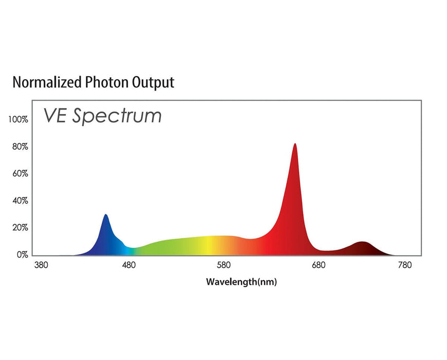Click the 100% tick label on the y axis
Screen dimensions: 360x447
pyautogui.click(x=18, y=120)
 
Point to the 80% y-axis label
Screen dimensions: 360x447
pyautogui.click(x=20, y=147)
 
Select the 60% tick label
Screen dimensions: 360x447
pyautogui.click(x=20, y=174)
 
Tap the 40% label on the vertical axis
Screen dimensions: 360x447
pyautogui.click(x=20, y=201)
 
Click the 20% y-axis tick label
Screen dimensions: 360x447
pyautogui.click(x=20, y=227)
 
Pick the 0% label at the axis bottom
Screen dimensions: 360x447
pyautogui.click(x=22, y=255)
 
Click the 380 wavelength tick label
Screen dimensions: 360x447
pyautogui.click(x=41, y=265)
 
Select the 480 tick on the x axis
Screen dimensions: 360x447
pyautogui.click(x=129, y=265)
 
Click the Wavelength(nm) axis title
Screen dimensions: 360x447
pyautogui.click(x=241, y=282)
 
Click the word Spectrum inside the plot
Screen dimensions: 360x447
pyautogui.click(x=117, y=116)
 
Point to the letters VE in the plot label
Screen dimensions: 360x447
pyautogui.click(x=55, y=115)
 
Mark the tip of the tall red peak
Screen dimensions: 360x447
pyautogui.click(x=295, y=144)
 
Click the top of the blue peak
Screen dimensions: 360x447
pyautogui.click(x=106, y=215)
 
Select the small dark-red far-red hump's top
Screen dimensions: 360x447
pyautogui.click(x=363, y=242)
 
